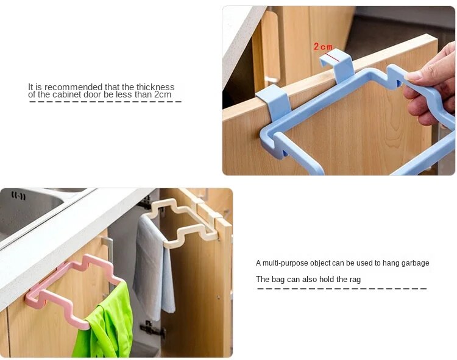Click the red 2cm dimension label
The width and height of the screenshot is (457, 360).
[323, 47]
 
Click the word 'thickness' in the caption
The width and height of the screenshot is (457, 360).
[155, 87]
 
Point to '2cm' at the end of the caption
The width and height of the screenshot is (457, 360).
[163, 94]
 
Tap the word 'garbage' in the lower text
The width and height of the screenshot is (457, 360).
[416, 263]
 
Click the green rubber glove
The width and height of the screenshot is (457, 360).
[105, 323]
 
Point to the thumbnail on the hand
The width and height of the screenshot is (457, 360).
[416, 76]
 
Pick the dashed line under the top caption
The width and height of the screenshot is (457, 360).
[105, 102]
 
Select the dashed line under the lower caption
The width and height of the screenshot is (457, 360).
[342, 289]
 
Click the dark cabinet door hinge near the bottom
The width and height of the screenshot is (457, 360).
[152, 329]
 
